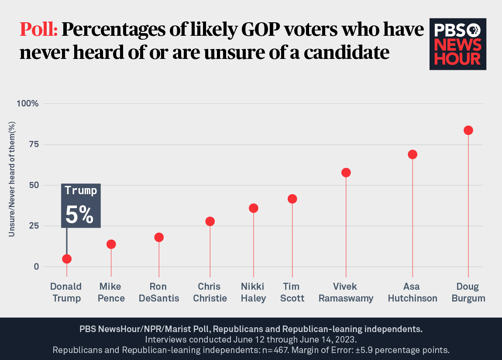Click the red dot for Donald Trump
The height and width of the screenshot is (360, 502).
(67, 259)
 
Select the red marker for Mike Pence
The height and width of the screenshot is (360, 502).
(111, 244)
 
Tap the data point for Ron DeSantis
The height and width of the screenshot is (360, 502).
(159, 237)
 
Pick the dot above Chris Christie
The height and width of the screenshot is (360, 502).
(210, 221)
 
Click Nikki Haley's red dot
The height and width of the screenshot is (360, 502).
(254, 208)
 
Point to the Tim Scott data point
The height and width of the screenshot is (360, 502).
(292, 199)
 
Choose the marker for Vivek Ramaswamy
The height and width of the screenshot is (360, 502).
(346, 172)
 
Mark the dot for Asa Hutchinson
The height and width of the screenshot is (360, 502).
(413, 154)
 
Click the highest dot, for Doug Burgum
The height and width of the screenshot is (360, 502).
(468, 130)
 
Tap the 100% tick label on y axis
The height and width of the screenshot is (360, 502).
(28, 104)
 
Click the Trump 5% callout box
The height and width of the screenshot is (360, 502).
(81, 206)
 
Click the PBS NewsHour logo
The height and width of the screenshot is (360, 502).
(458, 44)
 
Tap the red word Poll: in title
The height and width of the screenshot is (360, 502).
(38, 30)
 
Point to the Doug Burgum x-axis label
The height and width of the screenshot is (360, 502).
(468, 292)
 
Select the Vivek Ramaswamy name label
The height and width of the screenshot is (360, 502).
(346, 292)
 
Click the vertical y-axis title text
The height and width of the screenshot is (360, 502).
(12, 185)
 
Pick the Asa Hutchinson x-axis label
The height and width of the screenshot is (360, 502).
(413, 292)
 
